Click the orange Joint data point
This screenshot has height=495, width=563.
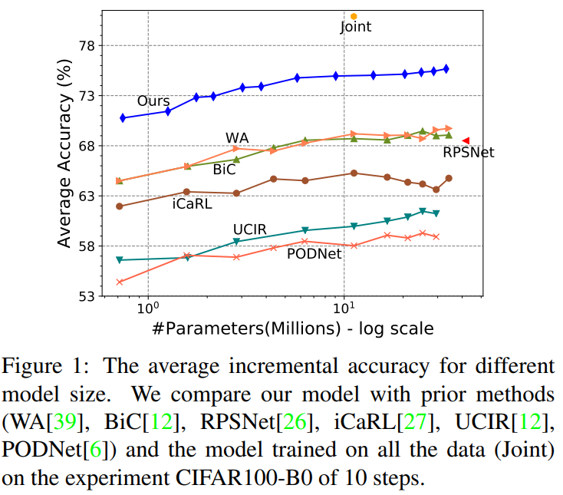click(354, 16)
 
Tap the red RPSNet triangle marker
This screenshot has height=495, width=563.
click(466, 140)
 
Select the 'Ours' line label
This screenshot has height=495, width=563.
click(153, 101)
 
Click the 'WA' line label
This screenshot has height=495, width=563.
click(237, 137)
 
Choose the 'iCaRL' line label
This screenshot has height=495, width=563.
click(192, 204)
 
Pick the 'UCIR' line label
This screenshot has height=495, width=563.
click(249, 229)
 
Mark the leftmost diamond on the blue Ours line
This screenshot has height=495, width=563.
click(123, 117)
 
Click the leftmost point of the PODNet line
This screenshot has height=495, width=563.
click(120, 282)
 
